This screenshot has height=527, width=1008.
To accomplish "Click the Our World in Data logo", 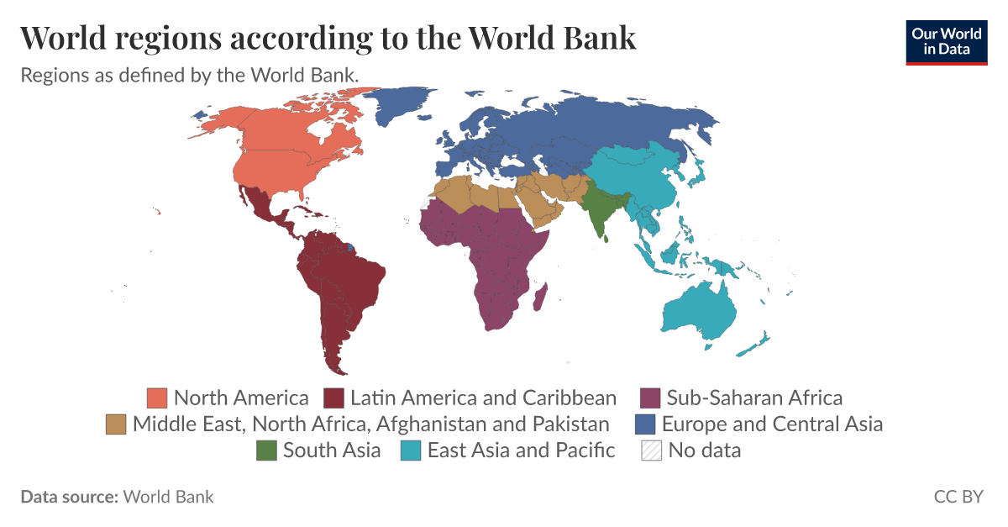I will click(x=947, y=41).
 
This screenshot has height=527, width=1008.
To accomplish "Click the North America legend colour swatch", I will click(x=157, y=398).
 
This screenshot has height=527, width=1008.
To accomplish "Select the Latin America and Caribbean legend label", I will click(x=483, y=398).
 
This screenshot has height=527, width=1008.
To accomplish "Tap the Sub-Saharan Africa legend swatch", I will click(x=650, y=398).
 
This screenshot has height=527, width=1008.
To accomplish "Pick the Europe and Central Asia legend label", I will click(x=772, y=424).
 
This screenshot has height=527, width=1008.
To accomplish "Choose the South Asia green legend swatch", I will click(x=266, y=451).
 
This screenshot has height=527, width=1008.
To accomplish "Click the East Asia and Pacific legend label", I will click(x=521, y=451).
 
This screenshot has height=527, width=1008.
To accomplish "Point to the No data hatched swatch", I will click(x=651, y=451).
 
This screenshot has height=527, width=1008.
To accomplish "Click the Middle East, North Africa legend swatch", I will click(x=116, y=424).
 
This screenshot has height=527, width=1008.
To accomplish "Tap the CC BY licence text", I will click(x=958, y=497).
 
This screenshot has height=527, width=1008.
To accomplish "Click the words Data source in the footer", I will click(x=69, y=497).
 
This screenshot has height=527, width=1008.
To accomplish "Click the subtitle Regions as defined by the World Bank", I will click(x=190, y=75).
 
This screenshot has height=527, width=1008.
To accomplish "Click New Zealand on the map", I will click(x=760, y=343).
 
